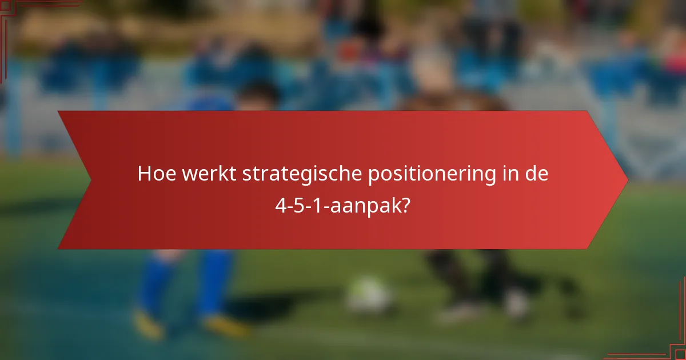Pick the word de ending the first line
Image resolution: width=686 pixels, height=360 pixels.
537,174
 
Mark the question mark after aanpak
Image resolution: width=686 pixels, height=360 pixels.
405,205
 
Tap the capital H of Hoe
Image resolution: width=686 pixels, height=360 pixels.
144,174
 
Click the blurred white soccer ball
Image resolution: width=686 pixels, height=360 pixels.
369,295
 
